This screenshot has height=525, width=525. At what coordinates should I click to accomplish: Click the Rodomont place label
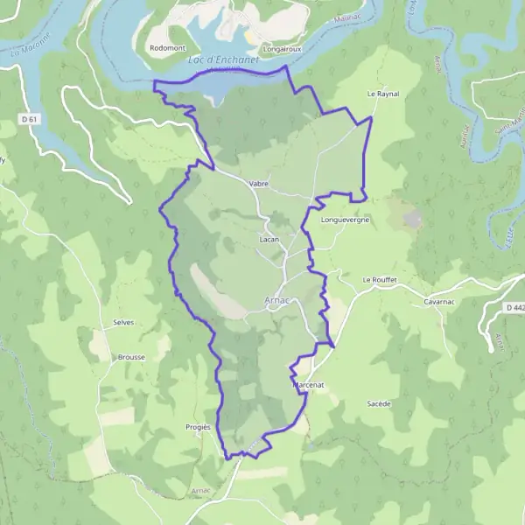point(166,47)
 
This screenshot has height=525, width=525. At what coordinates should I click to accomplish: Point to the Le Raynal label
point(382,92)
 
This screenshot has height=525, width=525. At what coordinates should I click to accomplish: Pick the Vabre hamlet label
point(258,184)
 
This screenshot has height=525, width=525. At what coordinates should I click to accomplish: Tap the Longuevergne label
point(346,220)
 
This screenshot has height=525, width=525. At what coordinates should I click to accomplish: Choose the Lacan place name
point(269,238)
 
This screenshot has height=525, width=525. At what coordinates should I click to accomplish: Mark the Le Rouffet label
point(381,280)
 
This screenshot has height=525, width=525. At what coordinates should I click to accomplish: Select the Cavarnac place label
point(441,301)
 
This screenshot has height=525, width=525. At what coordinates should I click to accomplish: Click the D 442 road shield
point(514,308)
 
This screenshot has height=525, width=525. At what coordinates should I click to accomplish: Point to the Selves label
point(122,322)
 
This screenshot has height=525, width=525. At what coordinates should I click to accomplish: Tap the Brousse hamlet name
point(130,357)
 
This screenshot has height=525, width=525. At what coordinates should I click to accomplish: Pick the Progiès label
point(199,426)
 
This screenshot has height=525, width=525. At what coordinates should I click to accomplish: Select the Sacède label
point(379,403)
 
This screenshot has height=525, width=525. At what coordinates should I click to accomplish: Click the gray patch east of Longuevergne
point(411,217)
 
